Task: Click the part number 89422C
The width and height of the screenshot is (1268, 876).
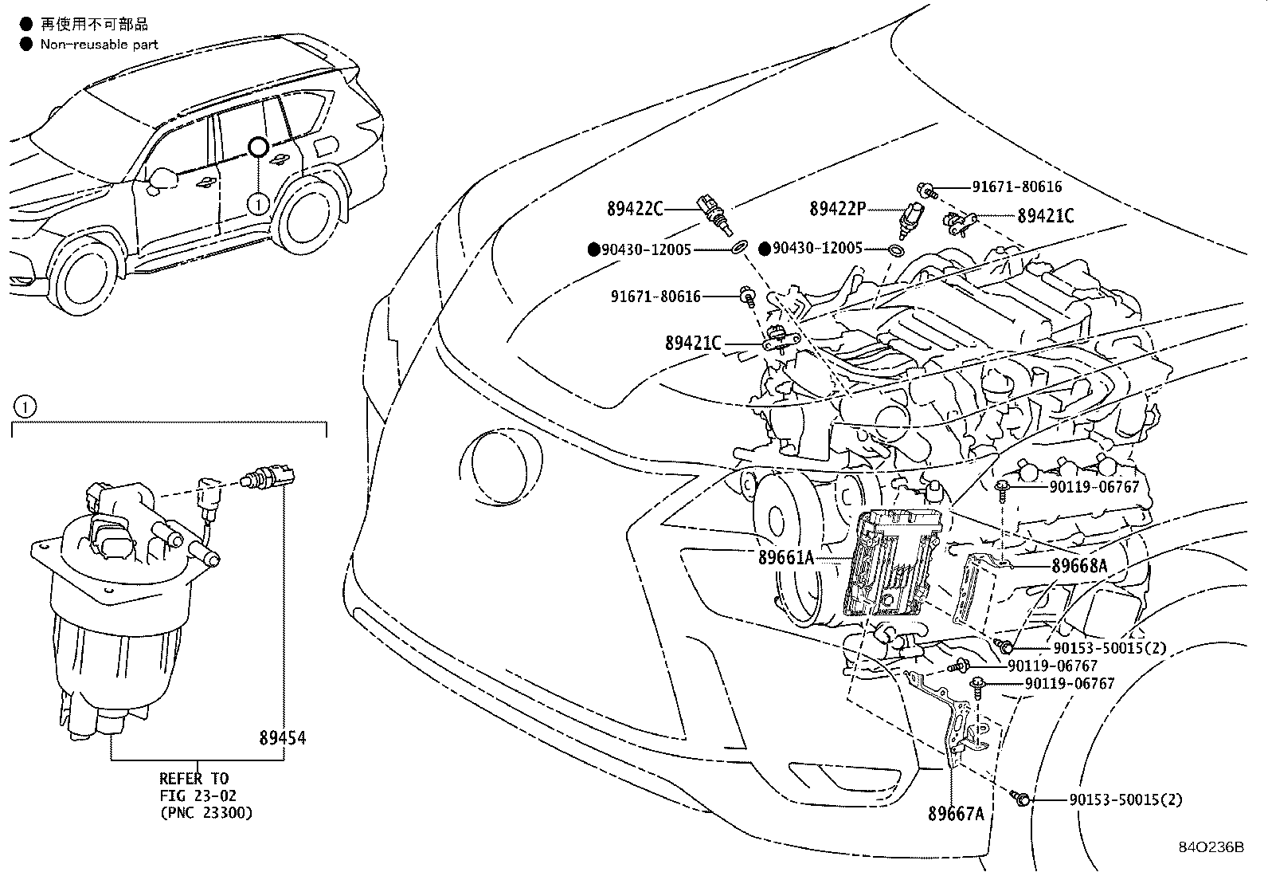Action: point(634,209)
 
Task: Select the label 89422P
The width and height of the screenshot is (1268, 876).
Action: point(837,209)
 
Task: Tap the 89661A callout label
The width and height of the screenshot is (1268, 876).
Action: point(786,558)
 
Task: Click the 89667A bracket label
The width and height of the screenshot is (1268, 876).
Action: point(956,814)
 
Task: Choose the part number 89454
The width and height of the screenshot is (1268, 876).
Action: point(282,739)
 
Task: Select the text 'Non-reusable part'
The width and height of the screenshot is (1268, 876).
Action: point(99,45)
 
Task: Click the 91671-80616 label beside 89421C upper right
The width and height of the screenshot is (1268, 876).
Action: point(1016,187)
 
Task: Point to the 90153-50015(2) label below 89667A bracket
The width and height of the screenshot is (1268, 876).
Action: point(1125,799)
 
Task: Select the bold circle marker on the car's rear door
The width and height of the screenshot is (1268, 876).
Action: point(258,147)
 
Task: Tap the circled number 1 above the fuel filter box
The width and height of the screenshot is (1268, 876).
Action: point(25,407)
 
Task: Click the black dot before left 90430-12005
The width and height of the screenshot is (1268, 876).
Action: point(593,249)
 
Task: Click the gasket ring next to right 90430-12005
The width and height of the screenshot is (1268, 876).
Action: point(895,251)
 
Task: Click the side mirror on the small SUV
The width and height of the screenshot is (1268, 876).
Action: point(162,179)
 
